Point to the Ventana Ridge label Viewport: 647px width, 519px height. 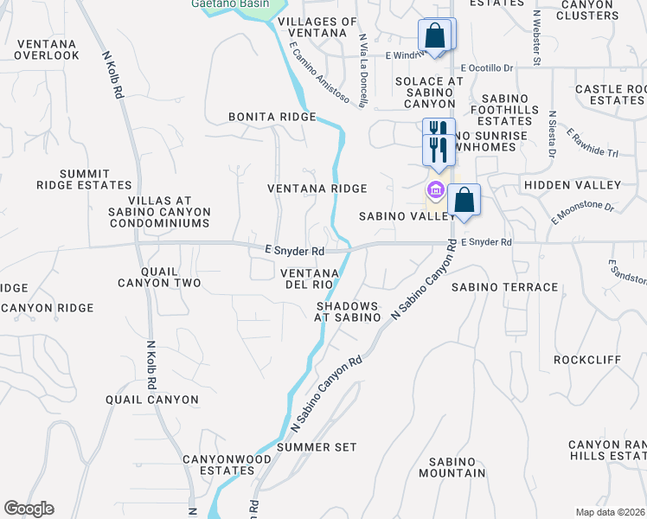(x=317, y=188)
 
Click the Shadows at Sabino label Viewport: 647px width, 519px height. (x=348, y=311)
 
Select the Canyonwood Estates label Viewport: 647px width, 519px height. (x=218, y=465)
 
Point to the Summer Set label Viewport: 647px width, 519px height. (x=317, y=446)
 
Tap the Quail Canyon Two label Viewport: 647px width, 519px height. (x=159, y=277)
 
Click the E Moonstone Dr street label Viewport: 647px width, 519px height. (x=582, y=214)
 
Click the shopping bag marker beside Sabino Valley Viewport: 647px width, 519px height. (x=464, y=200)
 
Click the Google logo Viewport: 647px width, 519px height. (x=29, y=509)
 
